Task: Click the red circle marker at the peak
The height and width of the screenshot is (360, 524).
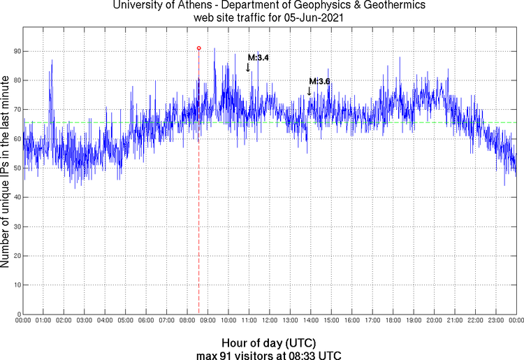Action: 199,48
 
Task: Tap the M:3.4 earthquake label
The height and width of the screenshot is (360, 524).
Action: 259,57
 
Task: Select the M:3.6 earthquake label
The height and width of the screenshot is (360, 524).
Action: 319,82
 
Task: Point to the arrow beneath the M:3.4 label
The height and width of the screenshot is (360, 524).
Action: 248,67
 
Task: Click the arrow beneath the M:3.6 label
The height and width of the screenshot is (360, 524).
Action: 309,91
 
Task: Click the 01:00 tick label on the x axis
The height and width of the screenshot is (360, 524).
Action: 43,321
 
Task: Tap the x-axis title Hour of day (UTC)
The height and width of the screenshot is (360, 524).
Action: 269,343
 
